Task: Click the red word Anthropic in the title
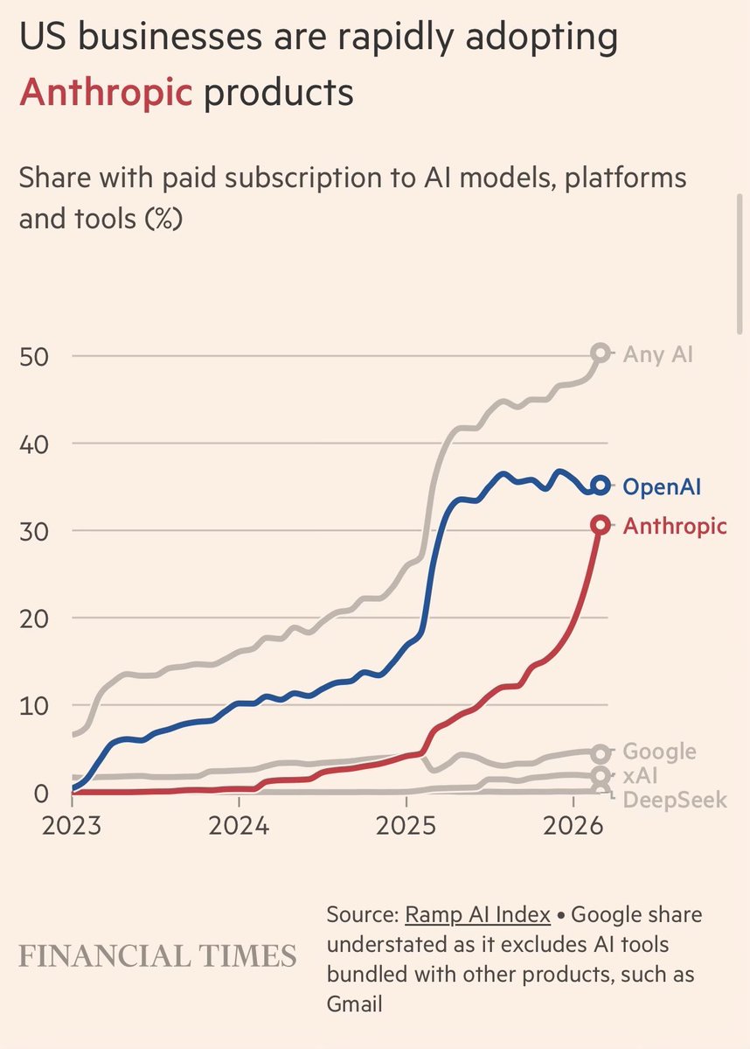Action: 106,91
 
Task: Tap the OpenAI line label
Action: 663,486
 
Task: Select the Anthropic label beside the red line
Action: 674,526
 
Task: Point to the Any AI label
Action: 658,354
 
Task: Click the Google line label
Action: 659,752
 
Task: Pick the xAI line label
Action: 641,776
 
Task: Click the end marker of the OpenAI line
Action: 600,486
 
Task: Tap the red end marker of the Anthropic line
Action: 600,525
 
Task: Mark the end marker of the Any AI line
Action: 600,353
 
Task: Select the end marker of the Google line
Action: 600,753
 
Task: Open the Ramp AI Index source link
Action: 477,915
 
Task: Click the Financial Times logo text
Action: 157,955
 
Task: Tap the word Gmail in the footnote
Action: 354,1004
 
